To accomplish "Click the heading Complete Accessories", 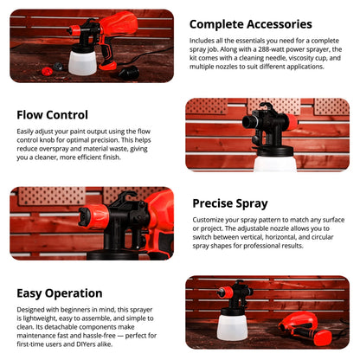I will (x=250, y=24).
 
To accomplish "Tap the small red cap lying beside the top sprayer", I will (x=58, y=67).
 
